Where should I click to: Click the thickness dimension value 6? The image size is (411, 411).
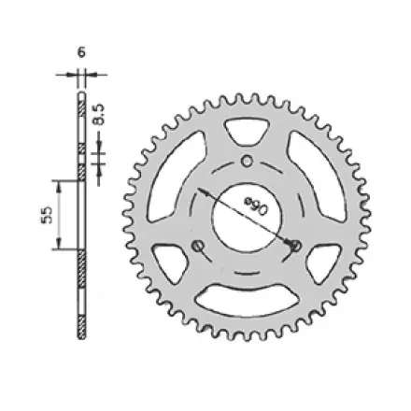[x=81, y=53]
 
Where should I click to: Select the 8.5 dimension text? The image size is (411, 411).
[x=102, y=113]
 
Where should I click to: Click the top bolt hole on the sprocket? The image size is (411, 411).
[x=247, y=161]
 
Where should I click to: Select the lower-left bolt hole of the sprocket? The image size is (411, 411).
[x=196, y=246]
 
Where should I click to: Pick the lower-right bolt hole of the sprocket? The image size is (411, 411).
[x=296, y=246]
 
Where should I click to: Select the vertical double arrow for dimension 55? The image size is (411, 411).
[x=59, y=215]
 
